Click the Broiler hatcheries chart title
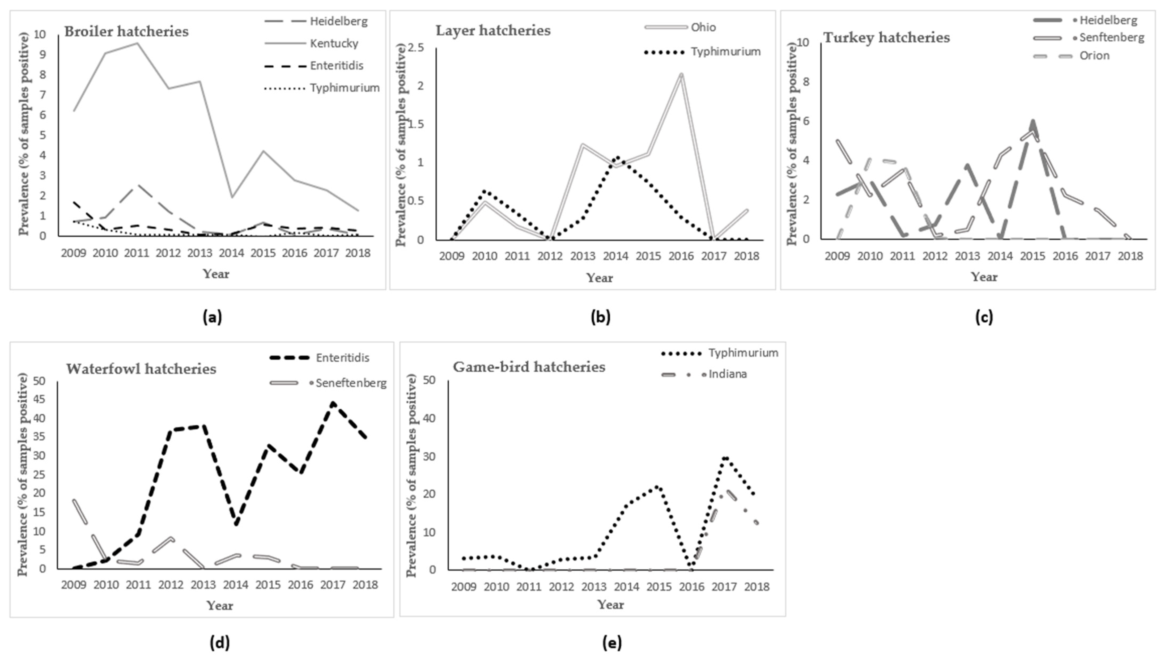point(126,32)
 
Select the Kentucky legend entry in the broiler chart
point(334,43)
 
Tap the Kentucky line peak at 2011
point(137,43)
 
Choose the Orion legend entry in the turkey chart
point(1094,56)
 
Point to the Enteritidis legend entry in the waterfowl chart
point(342,358)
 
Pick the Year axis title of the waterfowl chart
point(220,606)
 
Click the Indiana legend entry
point(728,374)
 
